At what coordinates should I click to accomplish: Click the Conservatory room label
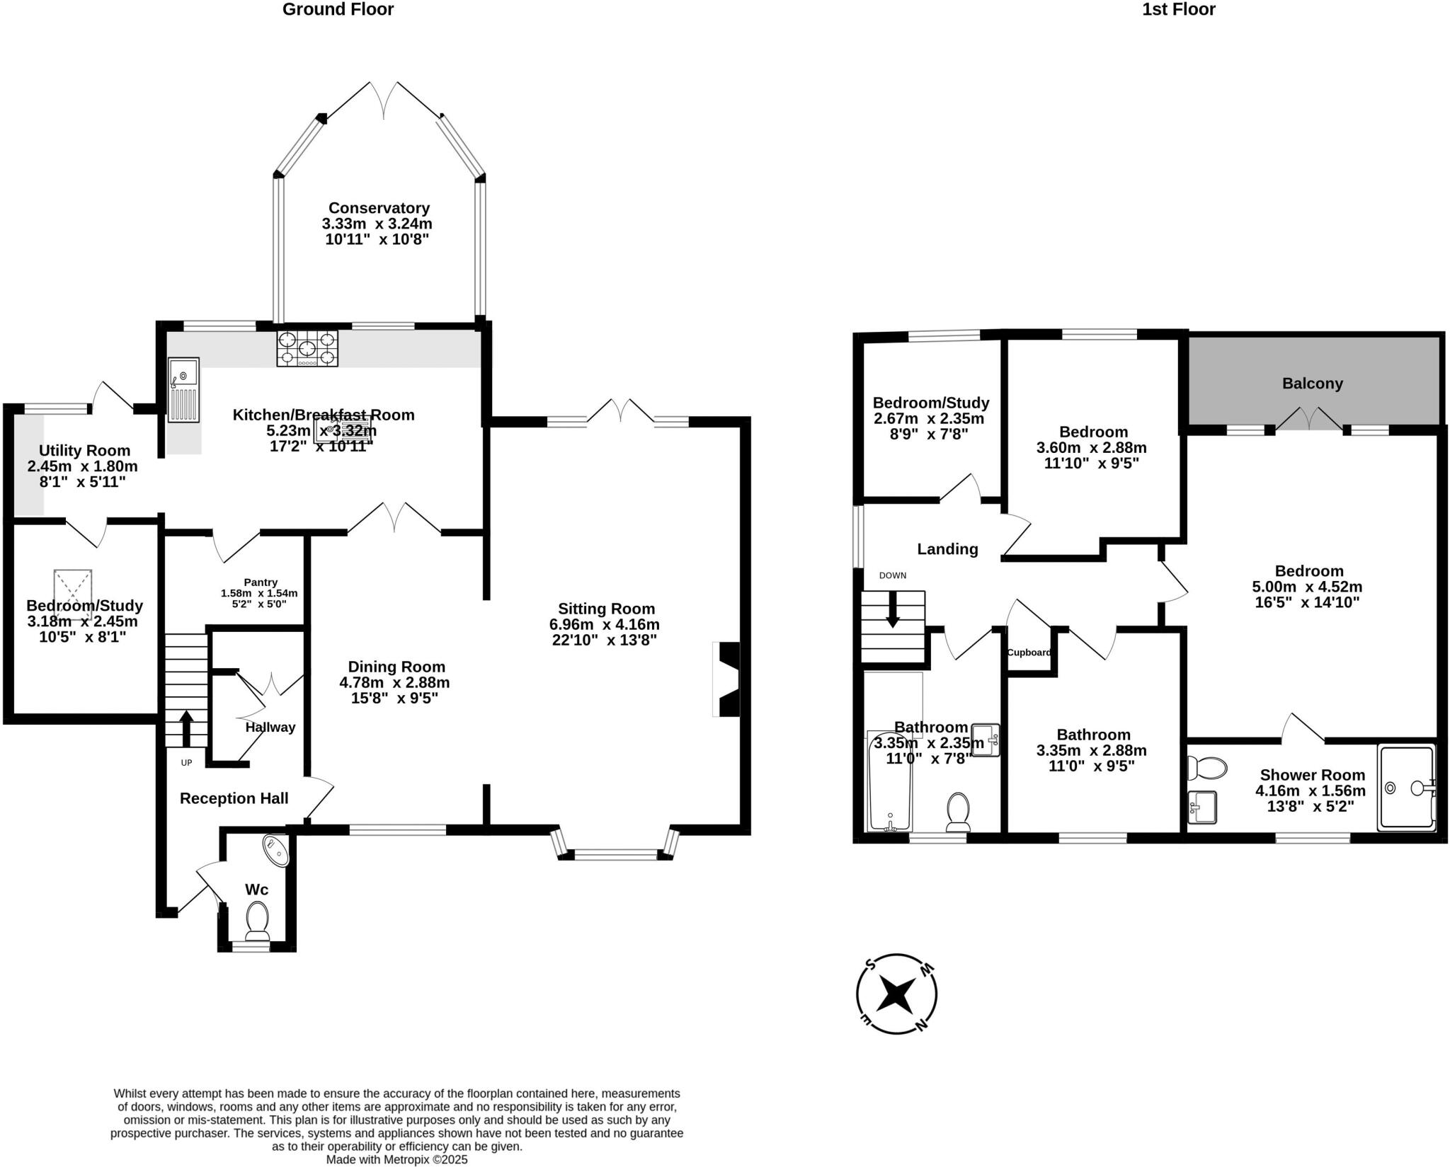(379, 208)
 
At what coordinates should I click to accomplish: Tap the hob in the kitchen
(307, 348)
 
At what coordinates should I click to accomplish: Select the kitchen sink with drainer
(183, 389)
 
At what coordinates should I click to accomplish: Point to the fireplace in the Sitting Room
(728, 679)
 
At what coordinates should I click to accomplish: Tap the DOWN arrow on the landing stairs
(893, 609)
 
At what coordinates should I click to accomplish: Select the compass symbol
(896, 994)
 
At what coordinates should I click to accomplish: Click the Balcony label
(1312, 384)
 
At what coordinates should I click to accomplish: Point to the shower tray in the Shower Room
(1406, 787)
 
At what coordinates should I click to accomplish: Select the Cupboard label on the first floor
(1029, 653)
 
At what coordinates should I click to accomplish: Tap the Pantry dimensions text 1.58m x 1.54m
(259, 593)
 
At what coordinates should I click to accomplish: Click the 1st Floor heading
(1178, 9)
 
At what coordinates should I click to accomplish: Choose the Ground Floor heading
(338, 9)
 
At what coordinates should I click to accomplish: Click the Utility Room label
(84, 451)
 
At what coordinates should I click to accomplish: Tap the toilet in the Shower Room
(1207, 767)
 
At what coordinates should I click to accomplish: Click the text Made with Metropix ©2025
(396, 1160)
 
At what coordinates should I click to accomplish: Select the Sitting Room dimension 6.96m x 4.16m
(604, 624)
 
